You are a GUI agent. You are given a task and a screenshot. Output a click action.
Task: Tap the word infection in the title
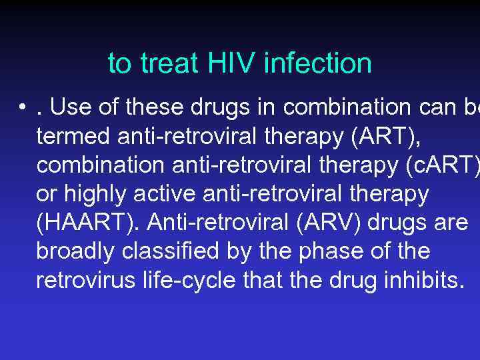[x=318, y=64]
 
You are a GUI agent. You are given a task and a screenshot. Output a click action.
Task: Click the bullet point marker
[x=23, y=107]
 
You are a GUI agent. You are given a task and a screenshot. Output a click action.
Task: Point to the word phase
[x=330, y=252]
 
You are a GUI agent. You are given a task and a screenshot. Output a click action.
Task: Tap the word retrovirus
[x=81, y=281]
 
